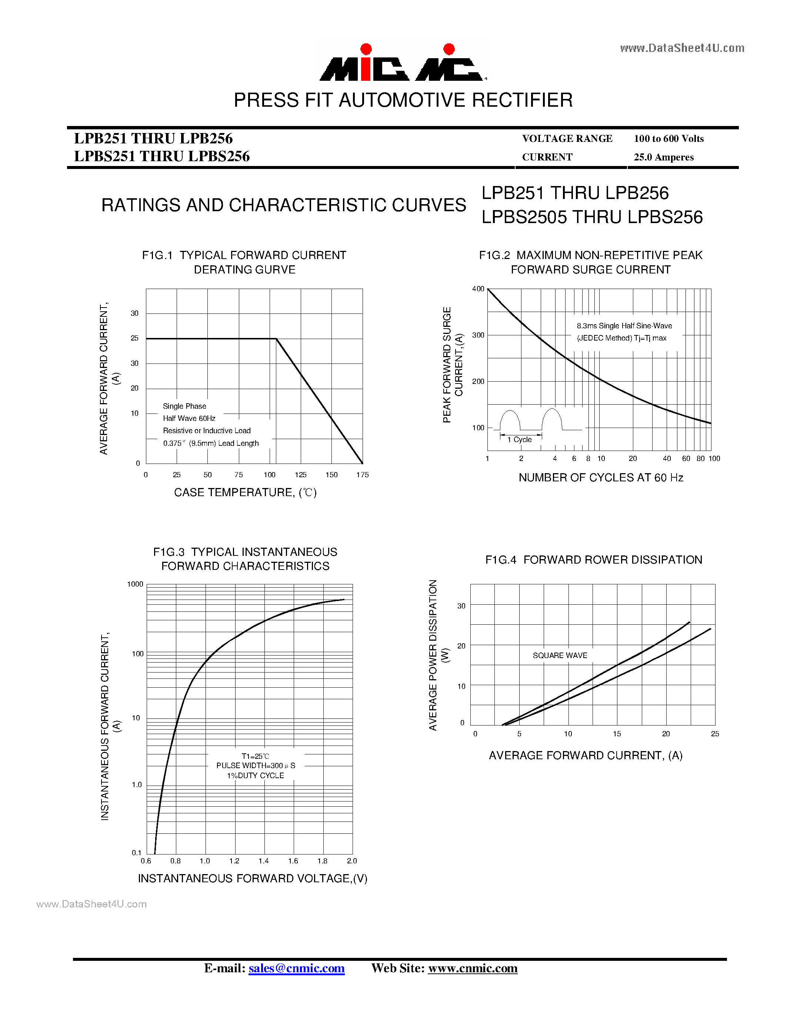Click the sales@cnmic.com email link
coord(297,968)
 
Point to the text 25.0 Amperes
coord(663,157)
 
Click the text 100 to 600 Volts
coord(668,139)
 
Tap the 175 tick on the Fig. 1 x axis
coord(362,475)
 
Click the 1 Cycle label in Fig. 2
coord(519,439)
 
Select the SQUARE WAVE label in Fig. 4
coord(560,655)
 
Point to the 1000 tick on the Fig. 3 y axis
coord(135,584)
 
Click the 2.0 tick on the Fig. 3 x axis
coord(352,861)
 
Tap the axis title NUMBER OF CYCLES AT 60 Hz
coord(600,478)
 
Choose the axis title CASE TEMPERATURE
coord(245,493)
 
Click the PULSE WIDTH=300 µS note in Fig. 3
coord(256,766)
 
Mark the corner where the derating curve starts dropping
coord(277,339)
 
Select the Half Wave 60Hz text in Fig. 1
coord(189,418)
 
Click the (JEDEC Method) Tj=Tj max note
coord(621,338)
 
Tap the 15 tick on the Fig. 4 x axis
coord(617,734)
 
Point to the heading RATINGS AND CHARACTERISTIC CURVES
coord(283,205)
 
